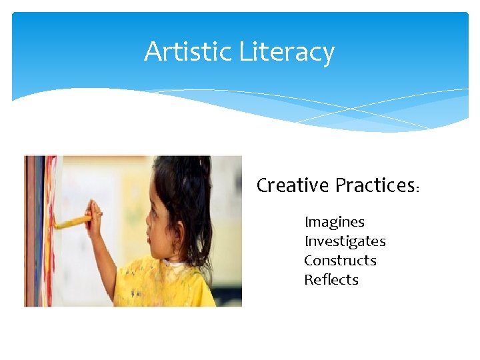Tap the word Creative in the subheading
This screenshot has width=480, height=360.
coord(293,185)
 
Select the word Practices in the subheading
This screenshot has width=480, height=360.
coord(375,185)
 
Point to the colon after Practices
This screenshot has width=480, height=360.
coord(417,189)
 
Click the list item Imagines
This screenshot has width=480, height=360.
coord(334,222)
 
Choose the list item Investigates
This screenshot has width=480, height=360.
coord(345,241)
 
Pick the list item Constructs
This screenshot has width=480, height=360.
coord(340,261)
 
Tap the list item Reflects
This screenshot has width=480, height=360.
coord(331,280)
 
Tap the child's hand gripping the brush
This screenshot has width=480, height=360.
coord(95,217)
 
